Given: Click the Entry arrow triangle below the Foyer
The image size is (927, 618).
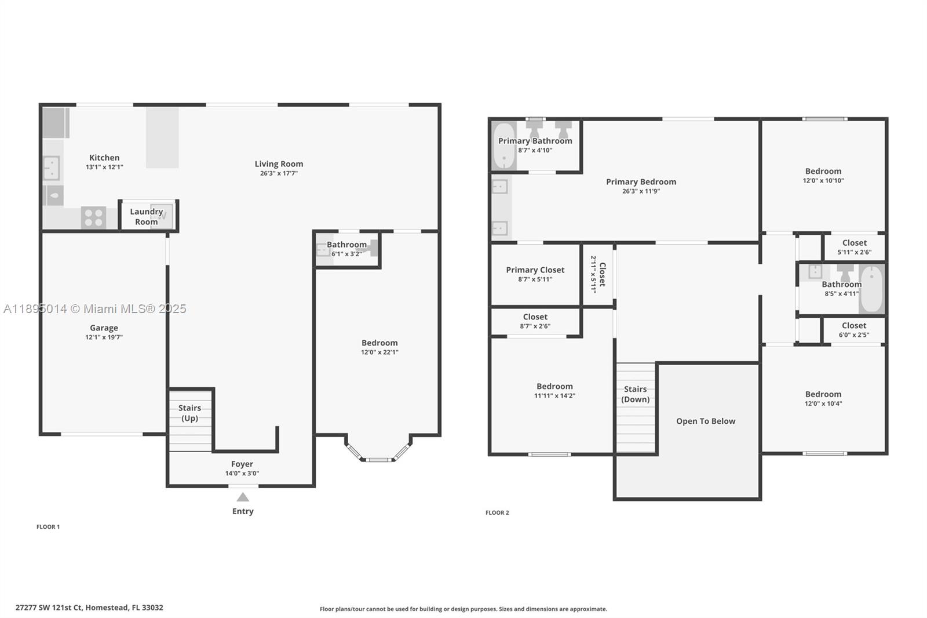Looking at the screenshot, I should click(x=243, y=497).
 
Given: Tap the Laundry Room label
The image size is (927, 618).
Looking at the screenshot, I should click(x=146, y=216).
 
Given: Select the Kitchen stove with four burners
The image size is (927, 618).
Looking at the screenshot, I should click(x=93, y=218).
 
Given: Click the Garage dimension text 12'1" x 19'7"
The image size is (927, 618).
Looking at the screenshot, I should click(x=104, y=337).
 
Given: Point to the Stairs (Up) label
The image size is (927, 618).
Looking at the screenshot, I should click(x=189, y=413).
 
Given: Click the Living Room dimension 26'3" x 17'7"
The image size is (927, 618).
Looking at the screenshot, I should click(x=279, y=173).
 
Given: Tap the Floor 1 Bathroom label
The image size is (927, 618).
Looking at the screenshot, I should click(x=346, y=245).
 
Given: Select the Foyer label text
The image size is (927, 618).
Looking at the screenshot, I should click(x=242, y=464).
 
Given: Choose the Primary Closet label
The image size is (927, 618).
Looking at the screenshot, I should click(x=535, y=270).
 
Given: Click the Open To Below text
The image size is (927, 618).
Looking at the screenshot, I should click(x=705, y=421).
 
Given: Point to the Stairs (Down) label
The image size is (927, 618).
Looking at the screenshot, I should click(x=635, y=394).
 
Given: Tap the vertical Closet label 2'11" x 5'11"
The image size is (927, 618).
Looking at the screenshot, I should click(x=598, y=274).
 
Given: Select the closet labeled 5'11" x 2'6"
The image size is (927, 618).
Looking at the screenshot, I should click(x=854, y=247).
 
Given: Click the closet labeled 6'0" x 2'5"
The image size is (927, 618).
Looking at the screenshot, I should click(x=853, y=330).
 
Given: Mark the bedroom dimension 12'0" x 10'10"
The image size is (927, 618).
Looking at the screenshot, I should click(x=823, y=181).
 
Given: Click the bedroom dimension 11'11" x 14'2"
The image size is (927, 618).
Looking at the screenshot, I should click(x=554, y=396).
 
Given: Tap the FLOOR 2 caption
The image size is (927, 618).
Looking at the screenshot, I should click(x=497, y=512).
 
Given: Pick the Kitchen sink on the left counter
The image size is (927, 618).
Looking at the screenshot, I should click(x=52, y=168).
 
